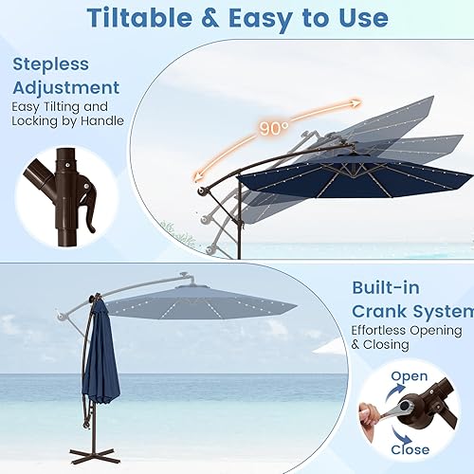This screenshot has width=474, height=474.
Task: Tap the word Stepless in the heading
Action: (51, 65)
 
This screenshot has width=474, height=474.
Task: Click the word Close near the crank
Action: (409, 448)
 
